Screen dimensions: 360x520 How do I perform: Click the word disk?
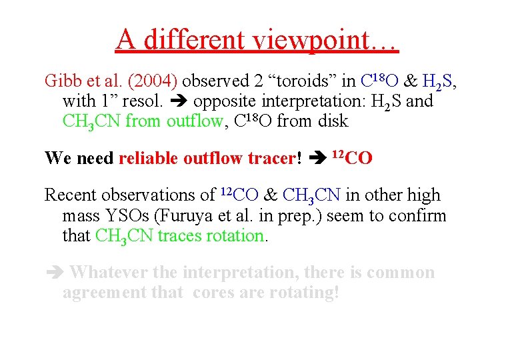(332, 121)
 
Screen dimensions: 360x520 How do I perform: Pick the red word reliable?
(149, 158)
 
